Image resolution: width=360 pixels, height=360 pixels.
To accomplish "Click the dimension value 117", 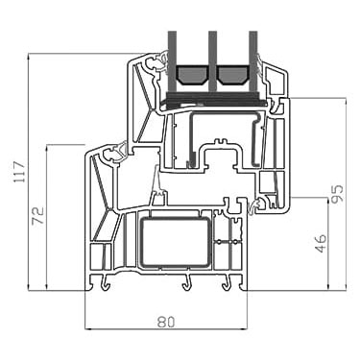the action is (x=20, y=172).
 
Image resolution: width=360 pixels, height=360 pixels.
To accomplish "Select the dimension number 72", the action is (x=38, y=216).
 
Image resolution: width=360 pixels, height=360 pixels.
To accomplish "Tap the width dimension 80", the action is (x=166, y=322).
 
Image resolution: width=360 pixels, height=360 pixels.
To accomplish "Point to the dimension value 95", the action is (x=337, y=194).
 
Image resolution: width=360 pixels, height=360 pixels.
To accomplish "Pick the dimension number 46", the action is (x=321, y=243).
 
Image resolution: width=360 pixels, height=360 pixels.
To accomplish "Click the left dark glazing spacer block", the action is (x=191, y=75).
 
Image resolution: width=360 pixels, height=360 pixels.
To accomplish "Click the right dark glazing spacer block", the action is (x=232, y=75).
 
